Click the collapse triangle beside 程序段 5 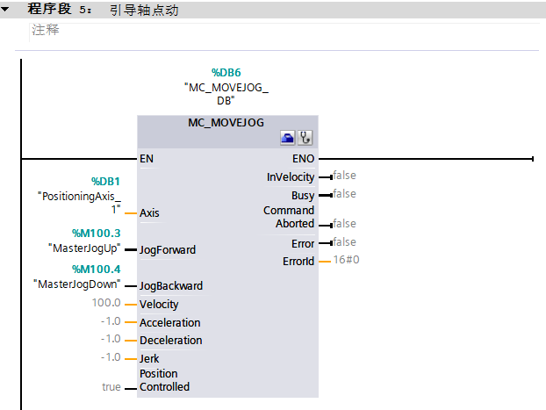8,10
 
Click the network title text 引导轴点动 144,11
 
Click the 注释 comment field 46,30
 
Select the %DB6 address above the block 226,73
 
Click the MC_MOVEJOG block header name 226,123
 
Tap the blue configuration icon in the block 287,138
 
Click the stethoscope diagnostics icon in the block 305,138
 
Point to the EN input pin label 147,159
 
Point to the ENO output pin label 303,159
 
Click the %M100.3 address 97,234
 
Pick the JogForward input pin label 168,250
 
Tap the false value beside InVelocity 344,176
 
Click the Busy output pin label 303,196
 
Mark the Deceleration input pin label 170,341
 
